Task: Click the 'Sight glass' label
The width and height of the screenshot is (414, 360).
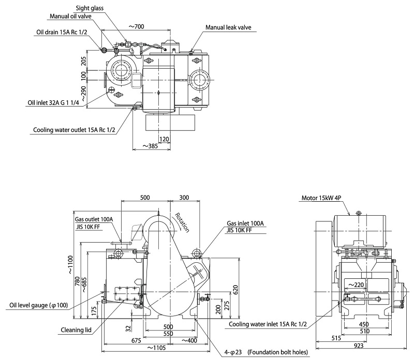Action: point(90,8)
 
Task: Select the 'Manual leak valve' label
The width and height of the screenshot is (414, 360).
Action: point(228,27)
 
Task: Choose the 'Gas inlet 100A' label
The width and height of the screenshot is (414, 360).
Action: point(245,223)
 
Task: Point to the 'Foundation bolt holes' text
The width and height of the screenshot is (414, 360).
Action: point(278,353)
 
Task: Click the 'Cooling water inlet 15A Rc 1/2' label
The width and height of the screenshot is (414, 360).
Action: point(268,325)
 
